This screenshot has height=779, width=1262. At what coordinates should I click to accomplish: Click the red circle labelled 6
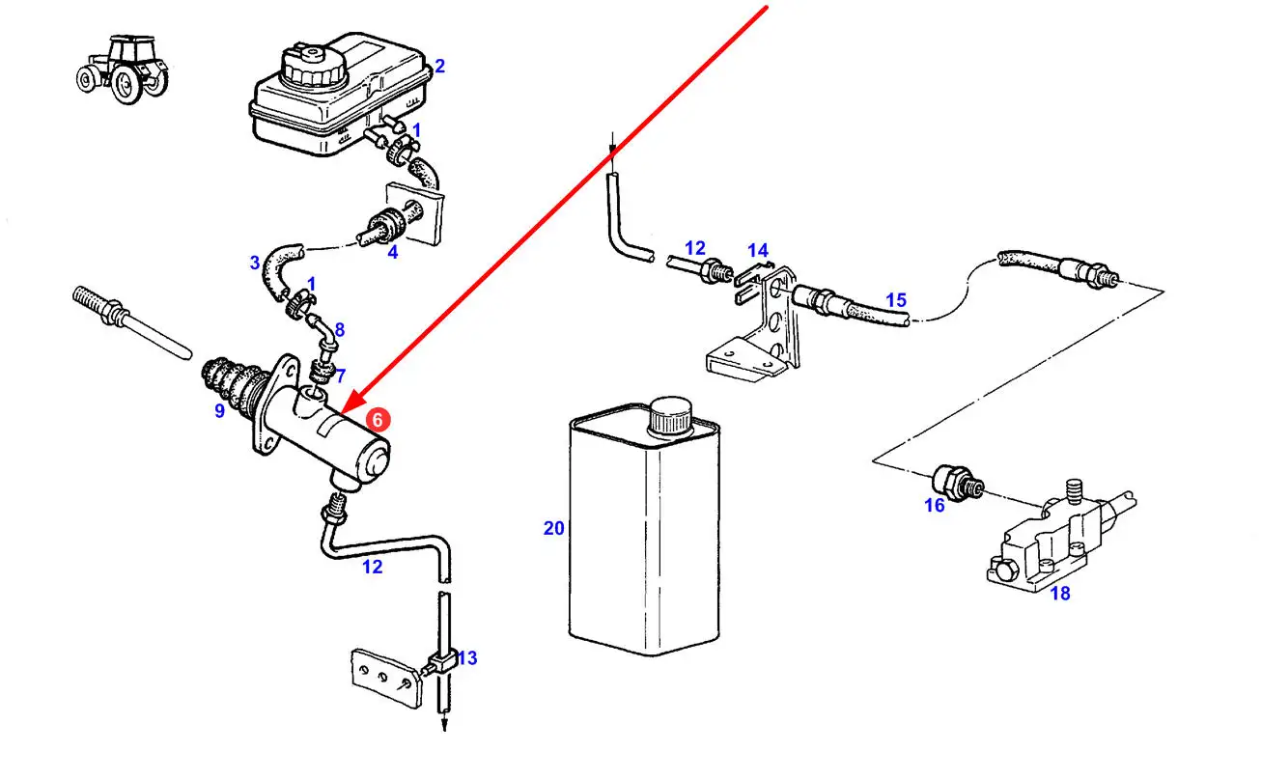(379, 420)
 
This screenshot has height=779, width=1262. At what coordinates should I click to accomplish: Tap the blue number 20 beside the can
(553, 528)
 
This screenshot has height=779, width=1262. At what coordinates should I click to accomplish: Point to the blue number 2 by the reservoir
(439, 67)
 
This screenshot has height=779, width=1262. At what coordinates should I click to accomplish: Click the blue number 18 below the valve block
(1059, 594)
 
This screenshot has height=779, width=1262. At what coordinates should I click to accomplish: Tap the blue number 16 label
(934, 505)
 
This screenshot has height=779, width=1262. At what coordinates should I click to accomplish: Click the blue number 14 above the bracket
(757, 252)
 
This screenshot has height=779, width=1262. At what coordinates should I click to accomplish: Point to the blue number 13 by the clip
(466, 658)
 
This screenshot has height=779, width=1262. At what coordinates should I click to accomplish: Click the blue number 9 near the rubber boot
(219, 411)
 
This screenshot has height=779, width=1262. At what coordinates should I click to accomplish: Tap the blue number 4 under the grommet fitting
(392, 253)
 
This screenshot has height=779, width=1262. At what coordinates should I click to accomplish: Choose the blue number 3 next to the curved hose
(255, 262)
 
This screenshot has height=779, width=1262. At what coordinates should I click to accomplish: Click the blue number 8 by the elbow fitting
(339, 329)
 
